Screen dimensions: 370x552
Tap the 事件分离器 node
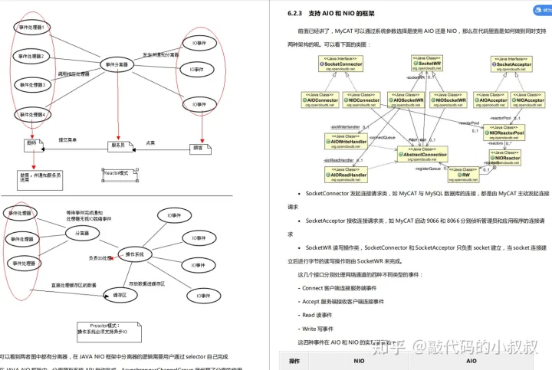pos(117,64)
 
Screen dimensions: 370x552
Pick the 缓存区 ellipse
pos(120,294)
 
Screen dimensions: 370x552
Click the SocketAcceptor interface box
pos(513,64)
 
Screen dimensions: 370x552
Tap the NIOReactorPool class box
pos(505,133)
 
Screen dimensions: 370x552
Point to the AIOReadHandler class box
pos(347,174)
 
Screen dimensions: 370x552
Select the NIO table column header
pos(359,360)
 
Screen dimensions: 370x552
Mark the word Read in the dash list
pos(308,315)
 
